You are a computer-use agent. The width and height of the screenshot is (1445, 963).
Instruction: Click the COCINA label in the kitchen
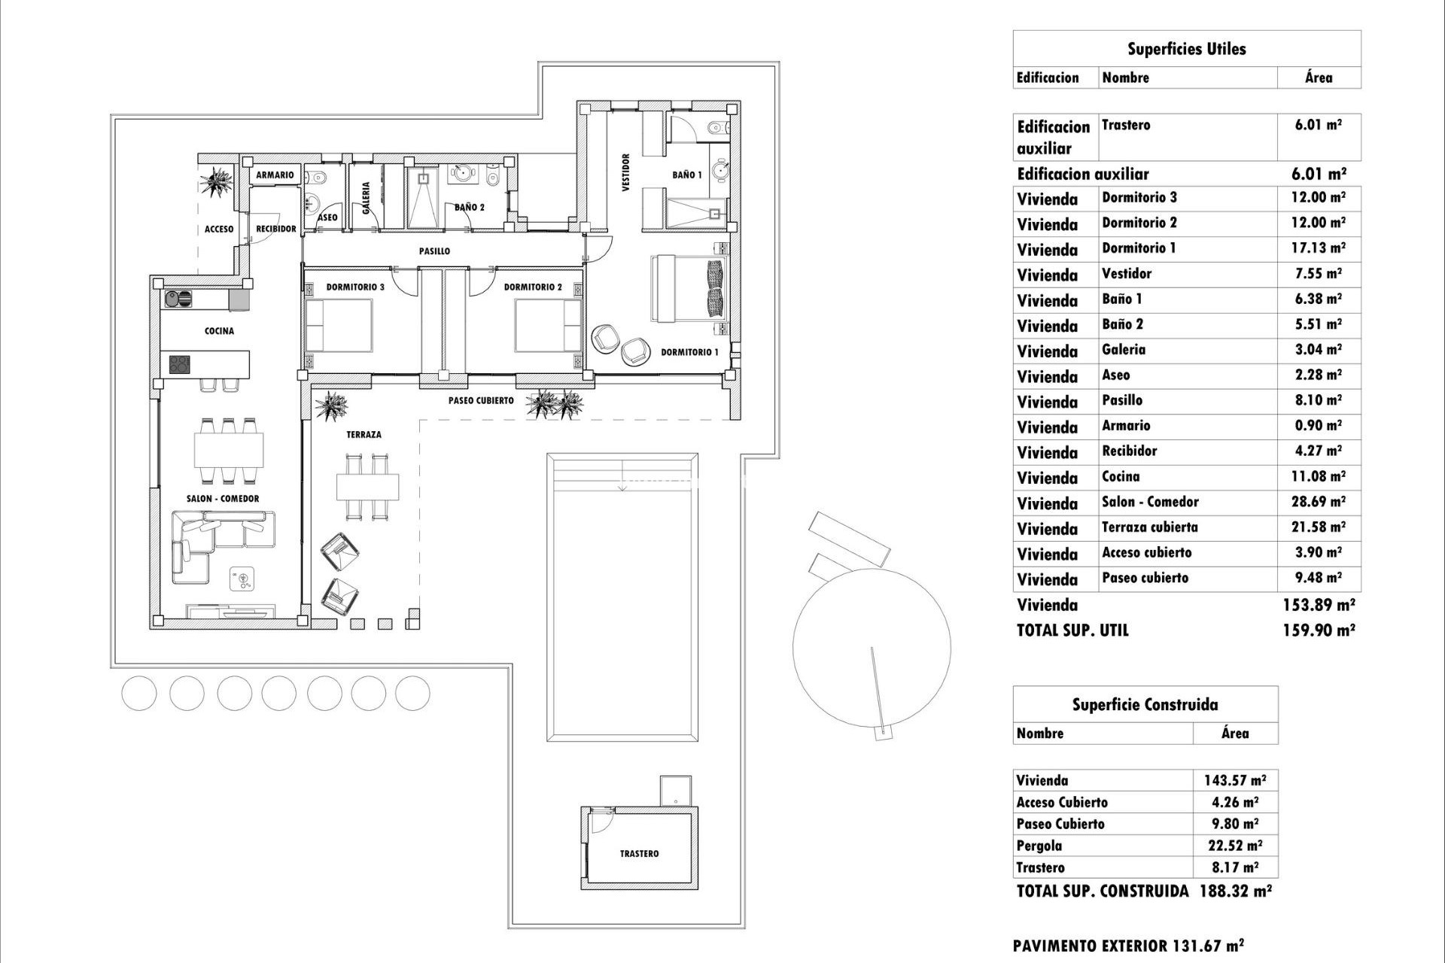[x=219, y=331]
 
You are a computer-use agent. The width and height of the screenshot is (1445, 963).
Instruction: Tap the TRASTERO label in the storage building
[x=639, y=854]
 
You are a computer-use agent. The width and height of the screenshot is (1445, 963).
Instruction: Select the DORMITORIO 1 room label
[x=689, y=352]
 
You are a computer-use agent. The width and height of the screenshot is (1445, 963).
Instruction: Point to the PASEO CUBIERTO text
[x=481, y=401]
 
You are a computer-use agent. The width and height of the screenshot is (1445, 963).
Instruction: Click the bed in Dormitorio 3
[x=339, y=325]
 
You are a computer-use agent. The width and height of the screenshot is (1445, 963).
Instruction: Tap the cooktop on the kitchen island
[x=180, y=365]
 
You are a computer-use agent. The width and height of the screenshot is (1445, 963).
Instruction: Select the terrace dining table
[x=367, y=487]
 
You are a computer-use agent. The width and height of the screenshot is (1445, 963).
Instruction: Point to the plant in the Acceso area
[x=218, y=182]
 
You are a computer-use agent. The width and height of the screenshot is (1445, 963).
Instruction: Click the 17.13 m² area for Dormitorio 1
[x=1318, y=248]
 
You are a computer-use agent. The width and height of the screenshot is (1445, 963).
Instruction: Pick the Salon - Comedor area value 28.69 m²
[x=1318, y=502]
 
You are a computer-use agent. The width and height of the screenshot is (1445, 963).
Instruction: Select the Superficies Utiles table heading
[x=1186, y=50]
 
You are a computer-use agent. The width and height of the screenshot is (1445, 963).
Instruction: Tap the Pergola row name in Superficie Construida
[x=1039, y=846]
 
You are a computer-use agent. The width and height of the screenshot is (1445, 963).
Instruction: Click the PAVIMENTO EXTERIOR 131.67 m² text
[x=1127, y=946]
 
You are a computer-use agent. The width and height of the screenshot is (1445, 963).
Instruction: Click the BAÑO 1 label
[x=686, y=175]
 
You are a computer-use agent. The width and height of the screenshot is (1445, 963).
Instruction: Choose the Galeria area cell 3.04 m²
[x=1318, y=350]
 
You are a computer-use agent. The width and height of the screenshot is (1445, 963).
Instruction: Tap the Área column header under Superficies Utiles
[x=1318, y=77]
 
